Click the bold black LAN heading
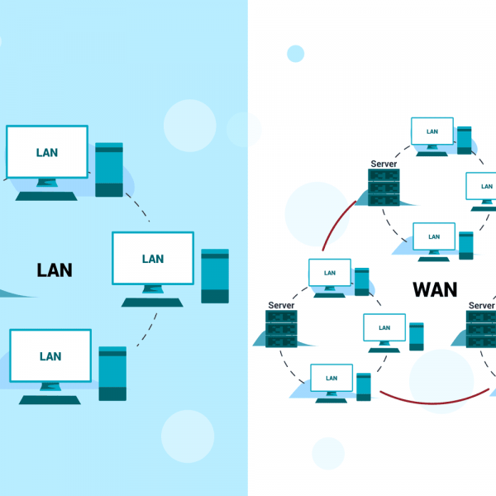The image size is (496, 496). [x=55, y=270]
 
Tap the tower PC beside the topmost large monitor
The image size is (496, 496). [x=108, y=169]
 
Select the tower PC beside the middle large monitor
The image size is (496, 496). [x=215, y=276]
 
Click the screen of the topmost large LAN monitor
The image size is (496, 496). [x=47, y=153]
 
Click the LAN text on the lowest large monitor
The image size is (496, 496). [x=50, y=356]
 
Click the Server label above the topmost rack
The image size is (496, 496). [x=384, y=164]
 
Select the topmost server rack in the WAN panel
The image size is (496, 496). [x=384, y=188]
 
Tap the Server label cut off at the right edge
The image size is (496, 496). [x=481, y=306]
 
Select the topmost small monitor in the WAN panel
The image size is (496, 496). [x=432, y=131]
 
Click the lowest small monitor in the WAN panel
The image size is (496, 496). [x=331, y=379]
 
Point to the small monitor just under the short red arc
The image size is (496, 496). [x=330, y=274]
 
